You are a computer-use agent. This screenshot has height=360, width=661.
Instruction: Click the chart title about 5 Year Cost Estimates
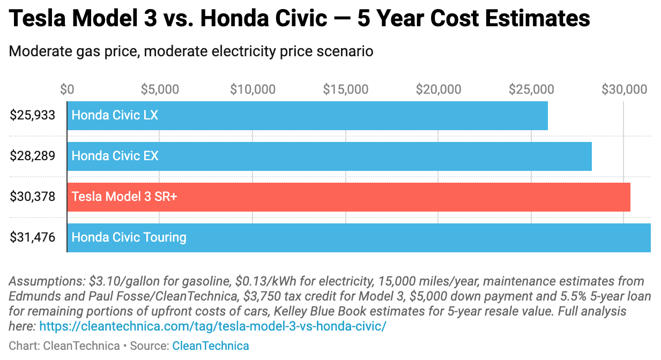pos(299,19)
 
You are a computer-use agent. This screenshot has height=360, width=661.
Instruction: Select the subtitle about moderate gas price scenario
pos(191,52)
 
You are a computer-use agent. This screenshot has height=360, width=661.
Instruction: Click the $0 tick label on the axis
pos(67,89)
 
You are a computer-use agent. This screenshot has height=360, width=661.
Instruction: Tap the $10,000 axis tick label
pos(252,89)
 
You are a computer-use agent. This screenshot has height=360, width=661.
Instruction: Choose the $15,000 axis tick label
pos(346,89)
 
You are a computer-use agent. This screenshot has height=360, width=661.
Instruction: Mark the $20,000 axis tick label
pos(439,89)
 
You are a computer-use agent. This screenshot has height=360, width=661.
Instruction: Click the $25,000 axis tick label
pos(531,89)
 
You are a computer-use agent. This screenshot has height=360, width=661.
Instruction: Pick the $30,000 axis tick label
pos(625,89)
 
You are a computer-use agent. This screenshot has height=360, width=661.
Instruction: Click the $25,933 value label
pos(32,115)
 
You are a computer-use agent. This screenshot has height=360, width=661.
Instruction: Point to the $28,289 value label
pos(32,156)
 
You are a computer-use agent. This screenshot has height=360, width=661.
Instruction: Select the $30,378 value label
pos(32,197)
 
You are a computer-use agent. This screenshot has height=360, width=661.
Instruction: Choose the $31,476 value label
pos(32,237)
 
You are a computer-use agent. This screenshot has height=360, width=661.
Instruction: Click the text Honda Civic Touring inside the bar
pos(129,237)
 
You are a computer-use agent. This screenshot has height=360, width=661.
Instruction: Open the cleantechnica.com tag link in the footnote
pos(212,326)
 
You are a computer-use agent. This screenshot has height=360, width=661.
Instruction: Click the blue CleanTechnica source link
pos(210,346)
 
